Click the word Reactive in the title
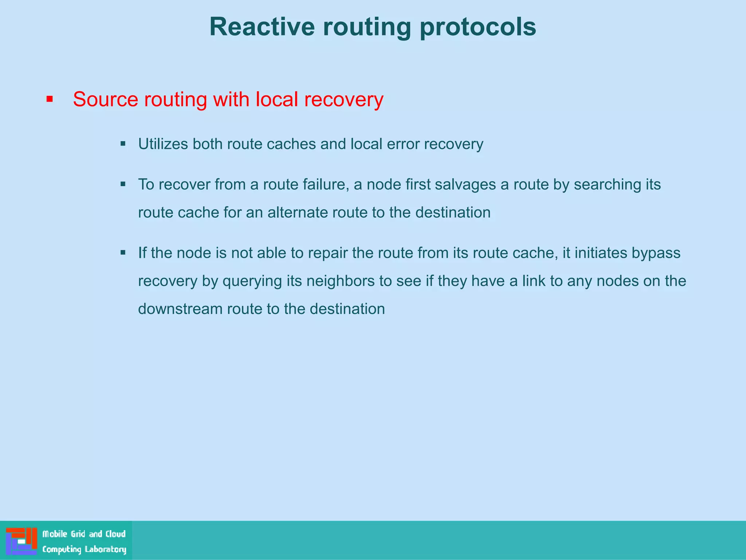click(262, 27)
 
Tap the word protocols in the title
click(478, 27)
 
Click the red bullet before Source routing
click(50, 99)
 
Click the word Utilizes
click(163, 144)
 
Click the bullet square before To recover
click(123, 184)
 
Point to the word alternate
click(298, 213)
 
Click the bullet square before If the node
click(123, 252)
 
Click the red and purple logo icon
click(21, 541)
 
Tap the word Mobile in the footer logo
click(55, 534)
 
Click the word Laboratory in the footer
click(105, 549)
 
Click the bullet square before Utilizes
click(123, 144)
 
